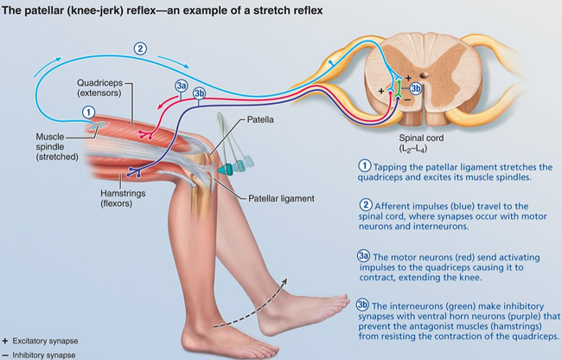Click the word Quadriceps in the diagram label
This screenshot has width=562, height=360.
click(x=93, y=81)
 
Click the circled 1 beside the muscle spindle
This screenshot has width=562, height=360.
click(x=87, y=111)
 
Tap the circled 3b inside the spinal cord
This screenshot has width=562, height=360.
click(x=416, y=87)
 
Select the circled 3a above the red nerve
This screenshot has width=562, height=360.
click(x=181, y=86)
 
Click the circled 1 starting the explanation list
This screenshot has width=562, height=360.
click(x=365, y=166)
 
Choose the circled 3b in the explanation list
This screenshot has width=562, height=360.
click(x=365, y=304)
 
